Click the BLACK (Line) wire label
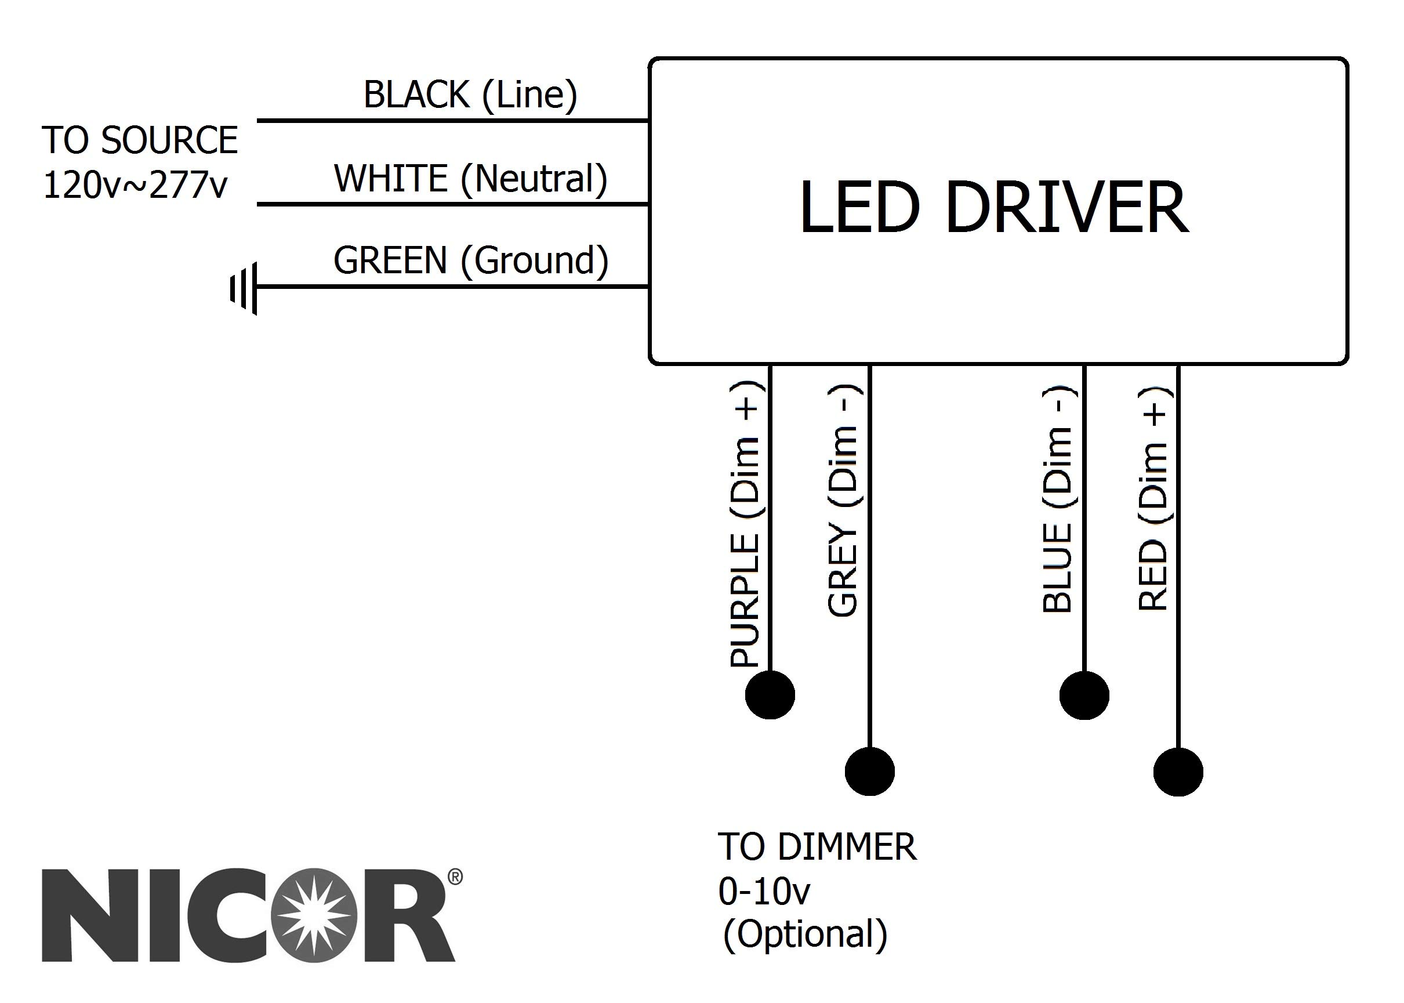click(x=470, y=95)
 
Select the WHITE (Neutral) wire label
click(x=470, y=179)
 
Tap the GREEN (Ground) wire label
click(x=470, y=260)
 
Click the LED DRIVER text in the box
click(x=993, y=208)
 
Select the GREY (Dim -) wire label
click(x=843, y=500)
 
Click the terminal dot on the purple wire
click(x=770, y=695)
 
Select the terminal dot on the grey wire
click(x=869, y=772)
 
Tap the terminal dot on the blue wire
click(x=1084, y=696)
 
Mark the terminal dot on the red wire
click(x=1178, y=772)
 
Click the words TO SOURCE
click(x=140, y=140)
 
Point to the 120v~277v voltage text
click(x=135, y=184)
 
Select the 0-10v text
click(x=764, y=891)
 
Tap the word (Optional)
click(x=804, y=935)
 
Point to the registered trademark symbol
click(x=455, y=878)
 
